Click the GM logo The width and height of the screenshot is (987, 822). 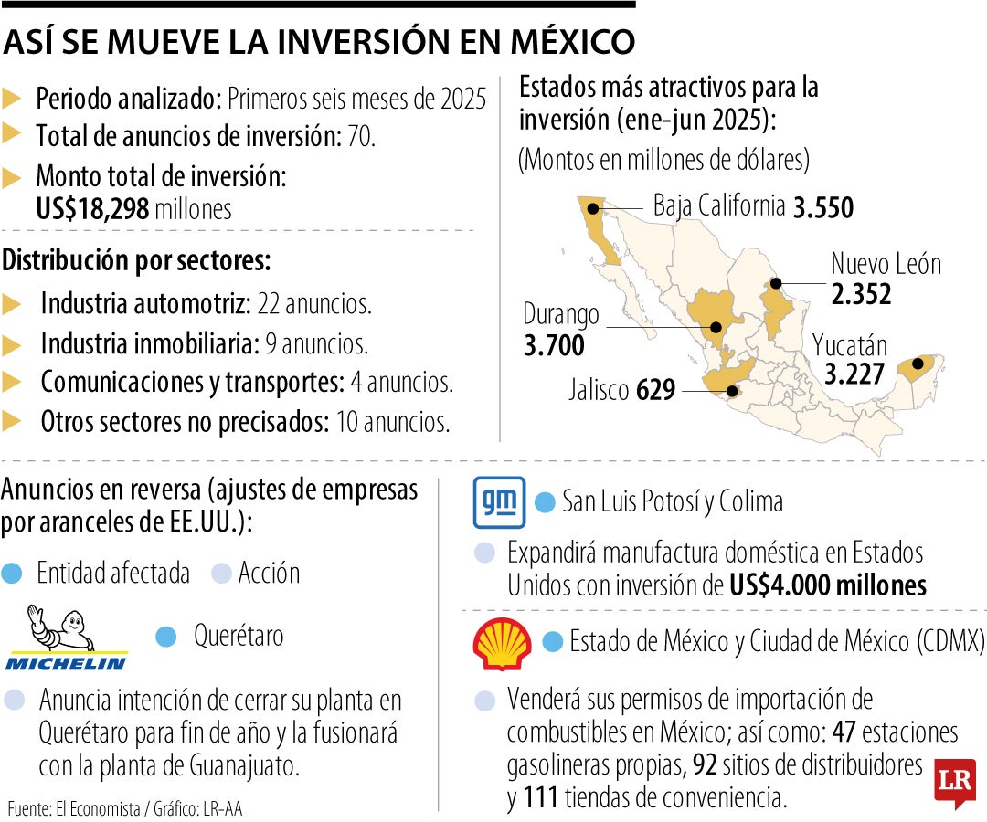pyautogui.click(x=499, y=502)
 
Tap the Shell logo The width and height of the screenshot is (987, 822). pyautogui.click(x=502, y=644)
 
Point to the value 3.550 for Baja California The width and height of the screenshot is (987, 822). pyautogui.click(x=822, y=208)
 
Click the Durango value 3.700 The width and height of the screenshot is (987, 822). pyautogui.click(x=554, y=346)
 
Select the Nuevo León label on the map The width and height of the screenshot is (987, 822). pyautogui.click(x=885, y=264)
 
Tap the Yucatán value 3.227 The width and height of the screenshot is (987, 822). pyautogui.click(x=854, y=375)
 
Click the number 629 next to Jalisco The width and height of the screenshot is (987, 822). pyautogui.click(x=655, y=391)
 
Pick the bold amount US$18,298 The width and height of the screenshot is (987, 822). pyautogui.click(x=92, y=209)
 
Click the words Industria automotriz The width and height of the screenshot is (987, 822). pyautogui.click(x=146, y=303)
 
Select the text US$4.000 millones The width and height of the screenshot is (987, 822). pyautogui.click(x=828, y=585)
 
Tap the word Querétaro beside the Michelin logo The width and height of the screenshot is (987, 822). pyautogui.click(x=239, y=636)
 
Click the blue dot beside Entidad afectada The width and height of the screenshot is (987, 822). pyautogui.click(x=12, y=574)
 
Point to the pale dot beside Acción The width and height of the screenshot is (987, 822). pyautogui.click(x=220, y=574)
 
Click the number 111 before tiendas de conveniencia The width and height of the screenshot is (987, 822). pyautogui.click(x=541, y=798)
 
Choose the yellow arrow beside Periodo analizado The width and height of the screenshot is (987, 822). pyautogui.click(x=13, y=99)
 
